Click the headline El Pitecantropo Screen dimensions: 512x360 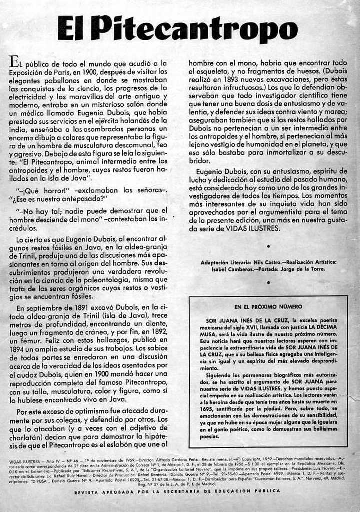coord(177,29)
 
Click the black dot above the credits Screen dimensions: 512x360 coord(268,246)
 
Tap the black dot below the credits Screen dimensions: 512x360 coord(268,282)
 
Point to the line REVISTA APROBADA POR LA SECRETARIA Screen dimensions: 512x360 coord(177,491)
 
